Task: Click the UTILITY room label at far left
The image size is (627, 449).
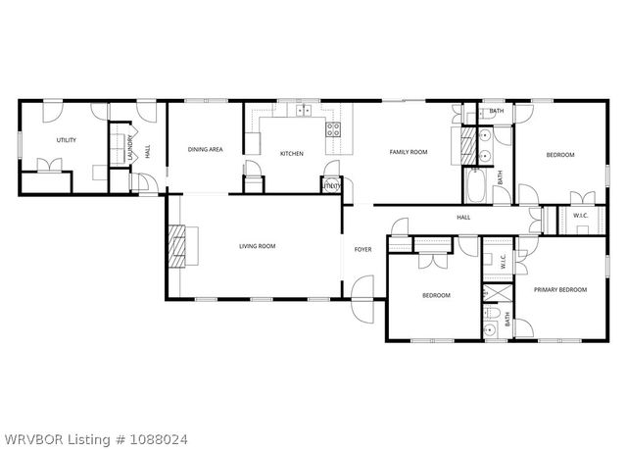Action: (67, 140)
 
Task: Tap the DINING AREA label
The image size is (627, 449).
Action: (206, 150)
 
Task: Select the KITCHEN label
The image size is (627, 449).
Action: (292, 153)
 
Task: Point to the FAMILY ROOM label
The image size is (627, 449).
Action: (409, 152)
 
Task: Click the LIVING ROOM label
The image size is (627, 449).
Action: (258, 246)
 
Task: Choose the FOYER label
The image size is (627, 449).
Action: (362, 250)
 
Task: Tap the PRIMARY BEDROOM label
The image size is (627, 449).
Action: (559, 289)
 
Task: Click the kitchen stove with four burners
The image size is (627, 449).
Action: (333, 127)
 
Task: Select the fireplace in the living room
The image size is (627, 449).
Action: (178, 246)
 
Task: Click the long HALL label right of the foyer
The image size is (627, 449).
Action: (463, 218)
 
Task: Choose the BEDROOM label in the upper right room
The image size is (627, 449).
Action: (559, 155)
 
